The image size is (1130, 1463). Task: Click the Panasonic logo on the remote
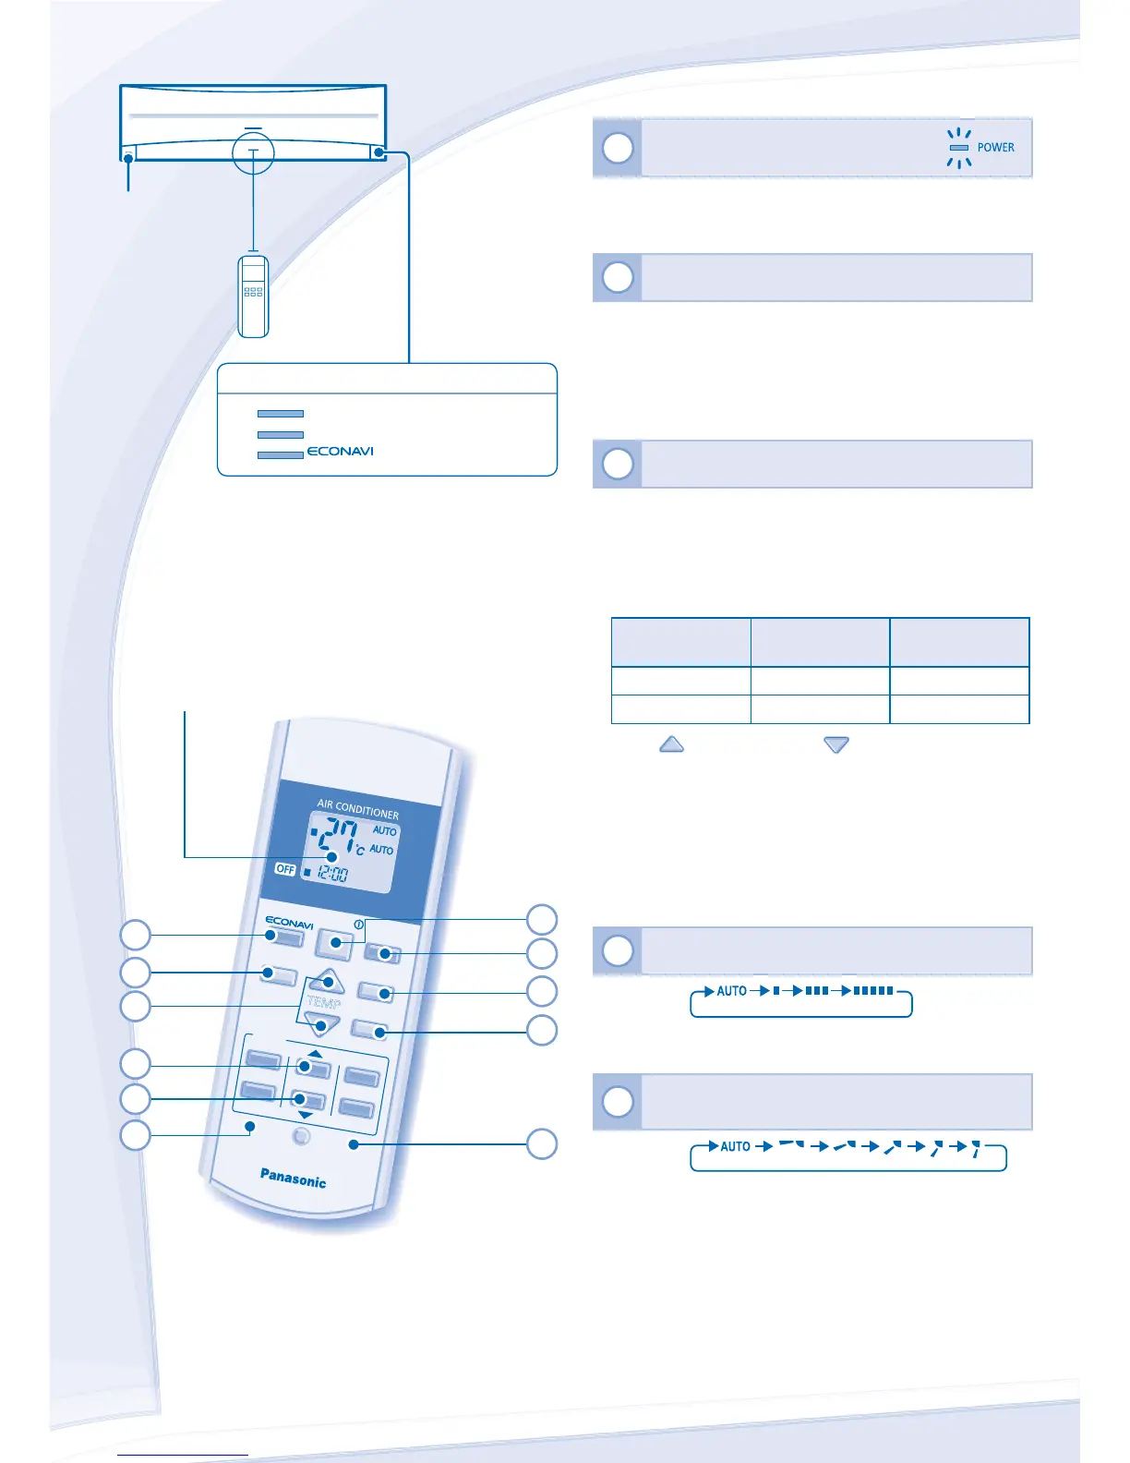click(x=293, y=1178)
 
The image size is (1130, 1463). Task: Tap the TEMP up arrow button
click(x=327, y=981)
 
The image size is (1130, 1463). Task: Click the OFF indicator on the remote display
click(x=285, y=869)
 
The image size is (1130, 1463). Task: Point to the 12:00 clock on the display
click(x=332, y=874)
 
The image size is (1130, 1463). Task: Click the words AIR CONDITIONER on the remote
click(x=358, y=809)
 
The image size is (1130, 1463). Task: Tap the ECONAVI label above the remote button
click(x=289, y=923)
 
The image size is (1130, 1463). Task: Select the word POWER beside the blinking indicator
click(x=995, y=148)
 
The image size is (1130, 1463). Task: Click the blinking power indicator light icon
click(x=959, y=148)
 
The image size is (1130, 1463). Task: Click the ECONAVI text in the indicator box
click(x=340, y=452)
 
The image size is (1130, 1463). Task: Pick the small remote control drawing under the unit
click(x=253, y=296)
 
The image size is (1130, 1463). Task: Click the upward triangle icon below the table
click(x=671, y=744)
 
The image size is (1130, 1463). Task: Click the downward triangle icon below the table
click(x=836, y=744)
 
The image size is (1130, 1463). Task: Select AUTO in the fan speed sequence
click(x=732, y=991)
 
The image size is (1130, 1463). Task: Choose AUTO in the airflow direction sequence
click(x=736, y=1146)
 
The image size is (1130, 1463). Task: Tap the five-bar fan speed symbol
click(x=873, y=991)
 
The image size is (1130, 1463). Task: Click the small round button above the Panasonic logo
click(x=301, y=1137)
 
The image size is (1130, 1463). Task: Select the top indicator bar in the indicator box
click(x=281, y=414)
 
